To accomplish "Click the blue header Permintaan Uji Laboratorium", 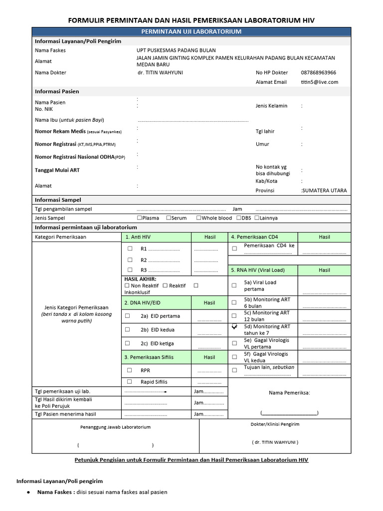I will (191, 31).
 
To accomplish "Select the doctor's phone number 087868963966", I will (318, 72).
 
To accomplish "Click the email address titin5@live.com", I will (319, 82).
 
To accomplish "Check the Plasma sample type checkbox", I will (140, 218).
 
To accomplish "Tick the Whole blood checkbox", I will (199, 218).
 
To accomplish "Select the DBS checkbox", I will (239, 218).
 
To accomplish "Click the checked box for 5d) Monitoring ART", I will (234, 326).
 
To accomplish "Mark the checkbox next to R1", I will (130, 248).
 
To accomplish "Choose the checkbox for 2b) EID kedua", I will (128, 329).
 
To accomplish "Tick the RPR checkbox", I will (130, 370).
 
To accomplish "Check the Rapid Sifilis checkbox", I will (130, 381).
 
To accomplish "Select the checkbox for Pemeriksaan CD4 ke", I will (234, 248).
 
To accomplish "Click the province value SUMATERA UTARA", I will (324, 191).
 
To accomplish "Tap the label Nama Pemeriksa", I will (289, 393).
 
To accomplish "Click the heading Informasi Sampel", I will (58, 200).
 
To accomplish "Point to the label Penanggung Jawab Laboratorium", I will (115, 427).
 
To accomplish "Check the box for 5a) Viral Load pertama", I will (234, 285).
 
